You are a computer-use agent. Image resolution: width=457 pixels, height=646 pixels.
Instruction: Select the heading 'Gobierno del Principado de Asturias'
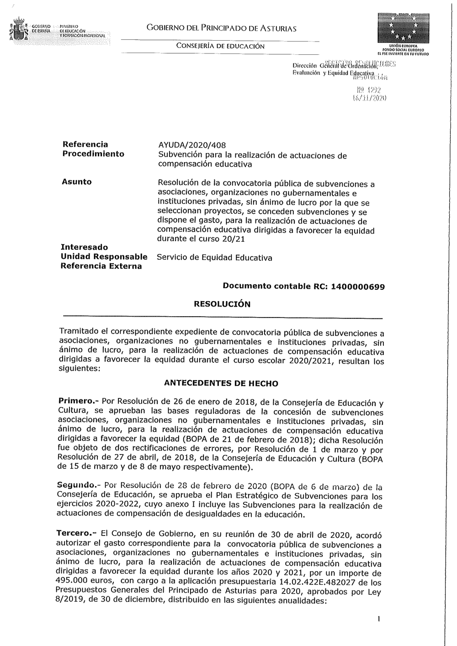(x=222, y=29)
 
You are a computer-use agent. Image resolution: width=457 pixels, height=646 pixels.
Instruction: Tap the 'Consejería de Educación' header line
(x=220, y=46)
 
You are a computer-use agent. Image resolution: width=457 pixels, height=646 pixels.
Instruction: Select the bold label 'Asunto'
(x=76, y=182)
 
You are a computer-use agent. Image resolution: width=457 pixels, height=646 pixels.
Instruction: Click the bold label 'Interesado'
(x=84, y=247)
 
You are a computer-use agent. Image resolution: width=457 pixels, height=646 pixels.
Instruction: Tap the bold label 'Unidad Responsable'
(x=104, y=257)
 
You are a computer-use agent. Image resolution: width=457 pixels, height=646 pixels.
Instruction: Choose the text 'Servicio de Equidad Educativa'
(x=214, y=258)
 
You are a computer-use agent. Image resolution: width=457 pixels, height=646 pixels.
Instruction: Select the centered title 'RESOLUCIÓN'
(x=222, y=304)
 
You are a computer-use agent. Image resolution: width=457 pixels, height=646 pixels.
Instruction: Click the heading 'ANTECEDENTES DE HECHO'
(x=221, y=383)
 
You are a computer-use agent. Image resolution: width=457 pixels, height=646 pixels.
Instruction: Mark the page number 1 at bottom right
(x=379, y=620)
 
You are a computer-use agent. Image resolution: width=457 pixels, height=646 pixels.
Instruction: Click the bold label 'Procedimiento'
(x=93, y=154)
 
